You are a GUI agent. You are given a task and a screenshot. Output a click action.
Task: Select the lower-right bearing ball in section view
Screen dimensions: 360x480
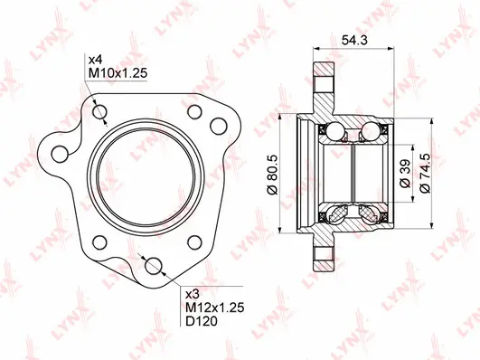(x=370, y=213)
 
